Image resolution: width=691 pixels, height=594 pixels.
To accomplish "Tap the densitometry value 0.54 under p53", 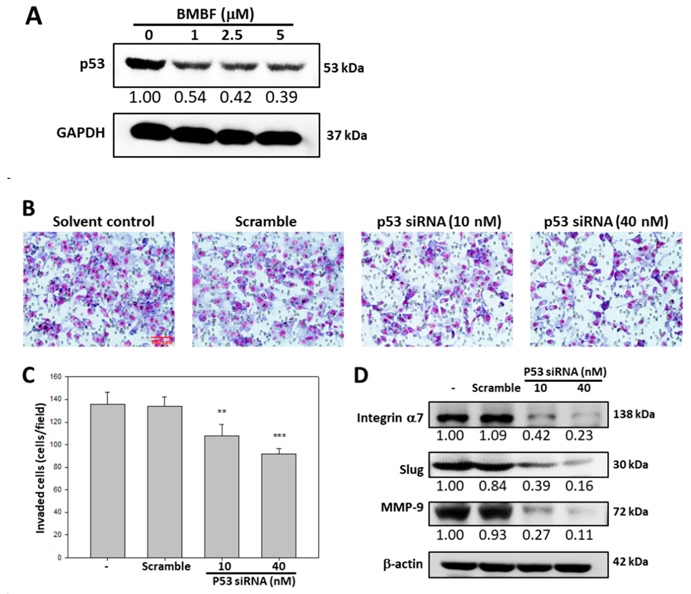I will tap(190, 97).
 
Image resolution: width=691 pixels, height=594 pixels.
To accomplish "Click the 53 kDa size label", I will tap(343, 68).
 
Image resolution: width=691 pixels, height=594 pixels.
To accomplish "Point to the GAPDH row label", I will tap(81, 133).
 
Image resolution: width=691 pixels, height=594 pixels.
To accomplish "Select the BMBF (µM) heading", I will tap(215, 14).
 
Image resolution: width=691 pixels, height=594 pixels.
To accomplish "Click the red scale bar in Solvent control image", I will tap(161, 338).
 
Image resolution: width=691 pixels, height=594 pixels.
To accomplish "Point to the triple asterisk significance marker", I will tap(280, 436).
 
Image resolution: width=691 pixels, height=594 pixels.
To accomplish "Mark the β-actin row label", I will tap(403, 564).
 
